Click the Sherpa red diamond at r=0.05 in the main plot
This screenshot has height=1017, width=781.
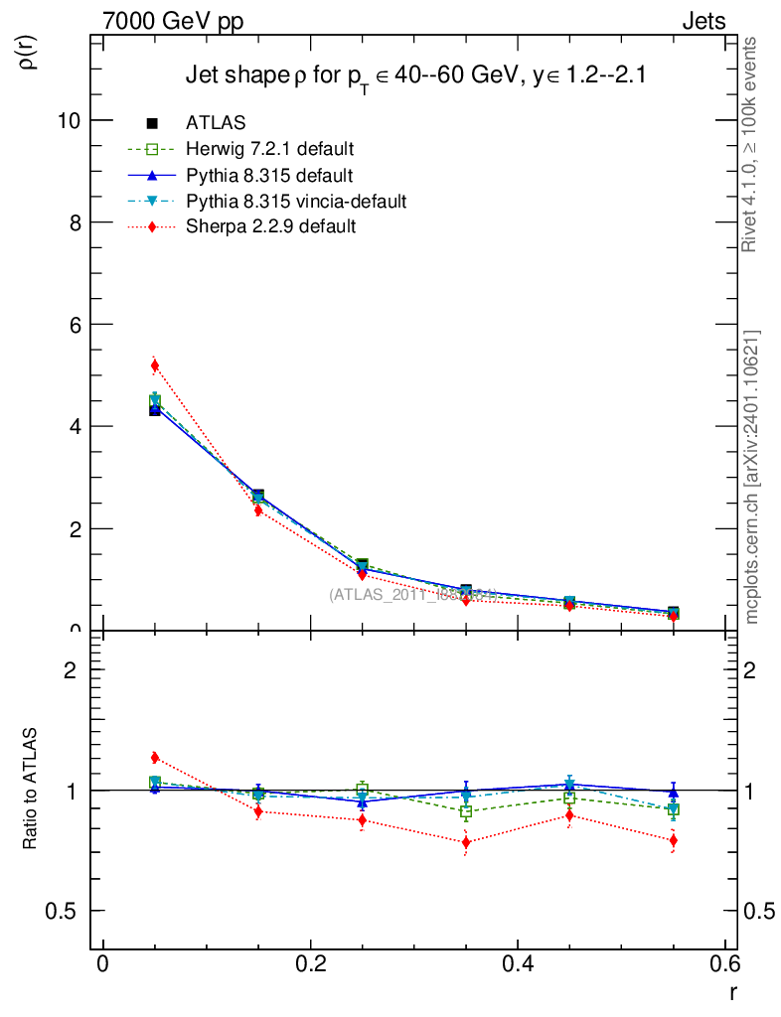[x=155, y=365]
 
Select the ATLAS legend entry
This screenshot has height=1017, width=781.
[x=216, y=123]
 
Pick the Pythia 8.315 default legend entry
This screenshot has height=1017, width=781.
[x=269, y=176]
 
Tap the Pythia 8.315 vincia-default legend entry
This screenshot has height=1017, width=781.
[x=296, y=202]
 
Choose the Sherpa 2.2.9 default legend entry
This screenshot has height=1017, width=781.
[x=270, y=226]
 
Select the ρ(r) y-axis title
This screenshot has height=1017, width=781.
[x=28, y=52]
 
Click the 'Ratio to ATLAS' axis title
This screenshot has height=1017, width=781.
[x=31, y=791]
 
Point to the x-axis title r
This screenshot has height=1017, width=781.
[x=732, y=991]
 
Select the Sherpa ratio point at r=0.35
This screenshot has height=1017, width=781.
[x=466, y=842]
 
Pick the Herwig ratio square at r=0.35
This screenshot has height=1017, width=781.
[x=466, y=811]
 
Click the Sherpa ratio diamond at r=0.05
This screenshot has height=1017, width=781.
[x=155, y=758]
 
